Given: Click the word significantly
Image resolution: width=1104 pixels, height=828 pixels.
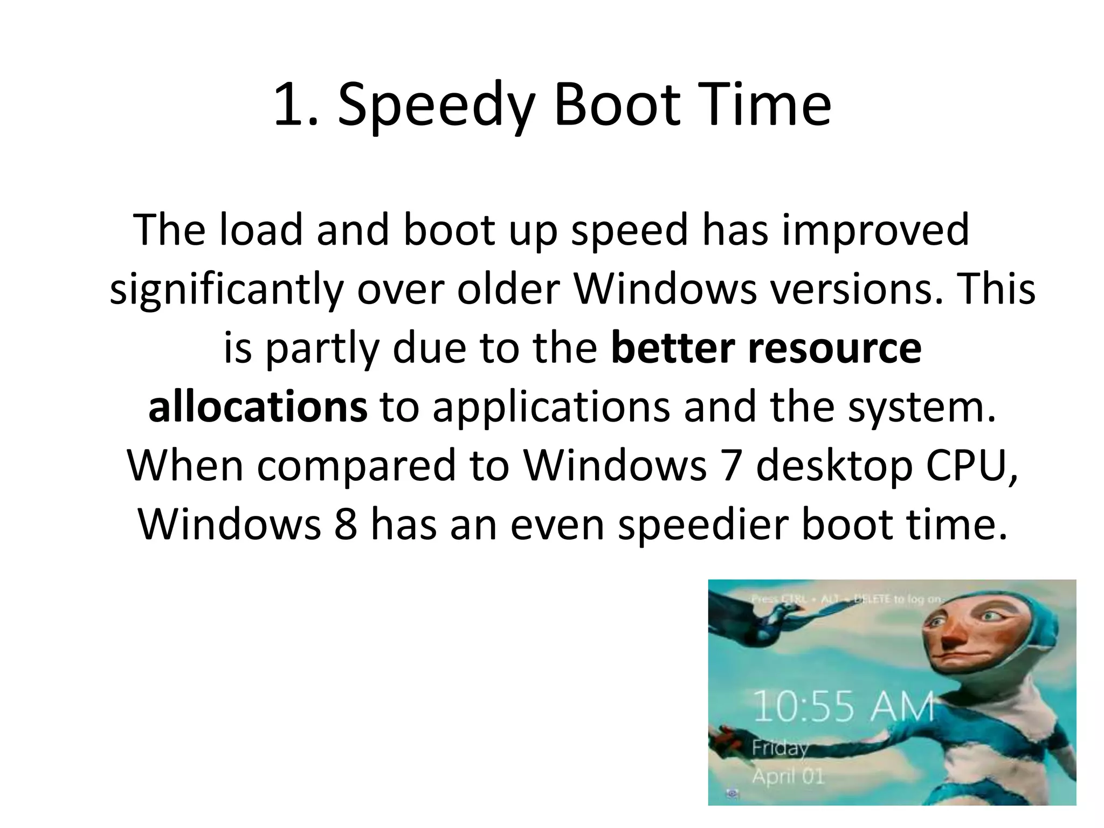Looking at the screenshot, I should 226,289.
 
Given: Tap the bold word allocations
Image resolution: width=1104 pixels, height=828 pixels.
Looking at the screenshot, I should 258,407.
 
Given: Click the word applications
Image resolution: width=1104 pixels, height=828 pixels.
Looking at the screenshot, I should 551,408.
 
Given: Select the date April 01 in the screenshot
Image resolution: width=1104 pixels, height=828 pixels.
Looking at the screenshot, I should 788,776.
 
